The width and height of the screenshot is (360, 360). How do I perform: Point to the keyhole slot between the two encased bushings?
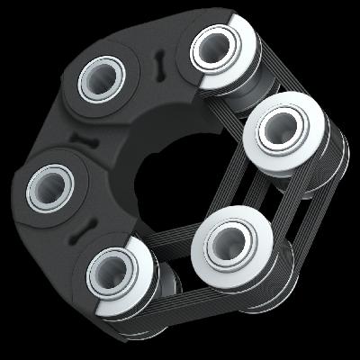[x=85, y=139]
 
